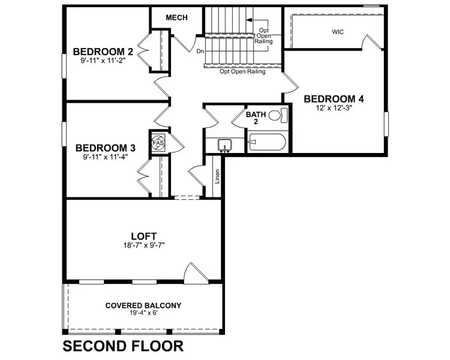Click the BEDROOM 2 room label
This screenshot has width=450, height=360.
click(103, 51)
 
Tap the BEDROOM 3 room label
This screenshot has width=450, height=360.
click(105, 148)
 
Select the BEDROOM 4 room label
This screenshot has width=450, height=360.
click(334, 99)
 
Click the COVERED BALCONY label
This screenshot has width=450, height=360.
click(143, 305)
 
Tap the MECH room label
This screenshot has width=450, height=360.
click(176, 17)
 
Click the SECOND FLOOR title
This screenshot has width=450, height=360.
click(123, 346)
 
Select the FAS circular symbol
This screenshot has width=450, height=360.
click(158, 143)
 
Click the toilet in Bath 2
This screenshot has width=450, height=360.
click(276, 115)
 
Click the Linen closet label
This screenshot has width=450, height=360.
click(217, 176)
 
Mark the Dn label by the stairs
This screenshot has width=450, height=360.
click(200, 52)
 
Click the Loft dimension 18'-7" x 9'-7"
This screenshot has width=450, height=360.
click(144, 245)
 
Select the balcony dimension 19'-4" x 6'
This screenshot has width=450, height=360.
click(143, 313)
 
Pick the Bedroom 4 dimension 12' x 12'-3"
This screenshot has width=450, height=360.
click(334, 108)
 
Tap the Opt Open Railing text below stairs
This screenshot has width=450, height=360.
click(243, 71)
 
